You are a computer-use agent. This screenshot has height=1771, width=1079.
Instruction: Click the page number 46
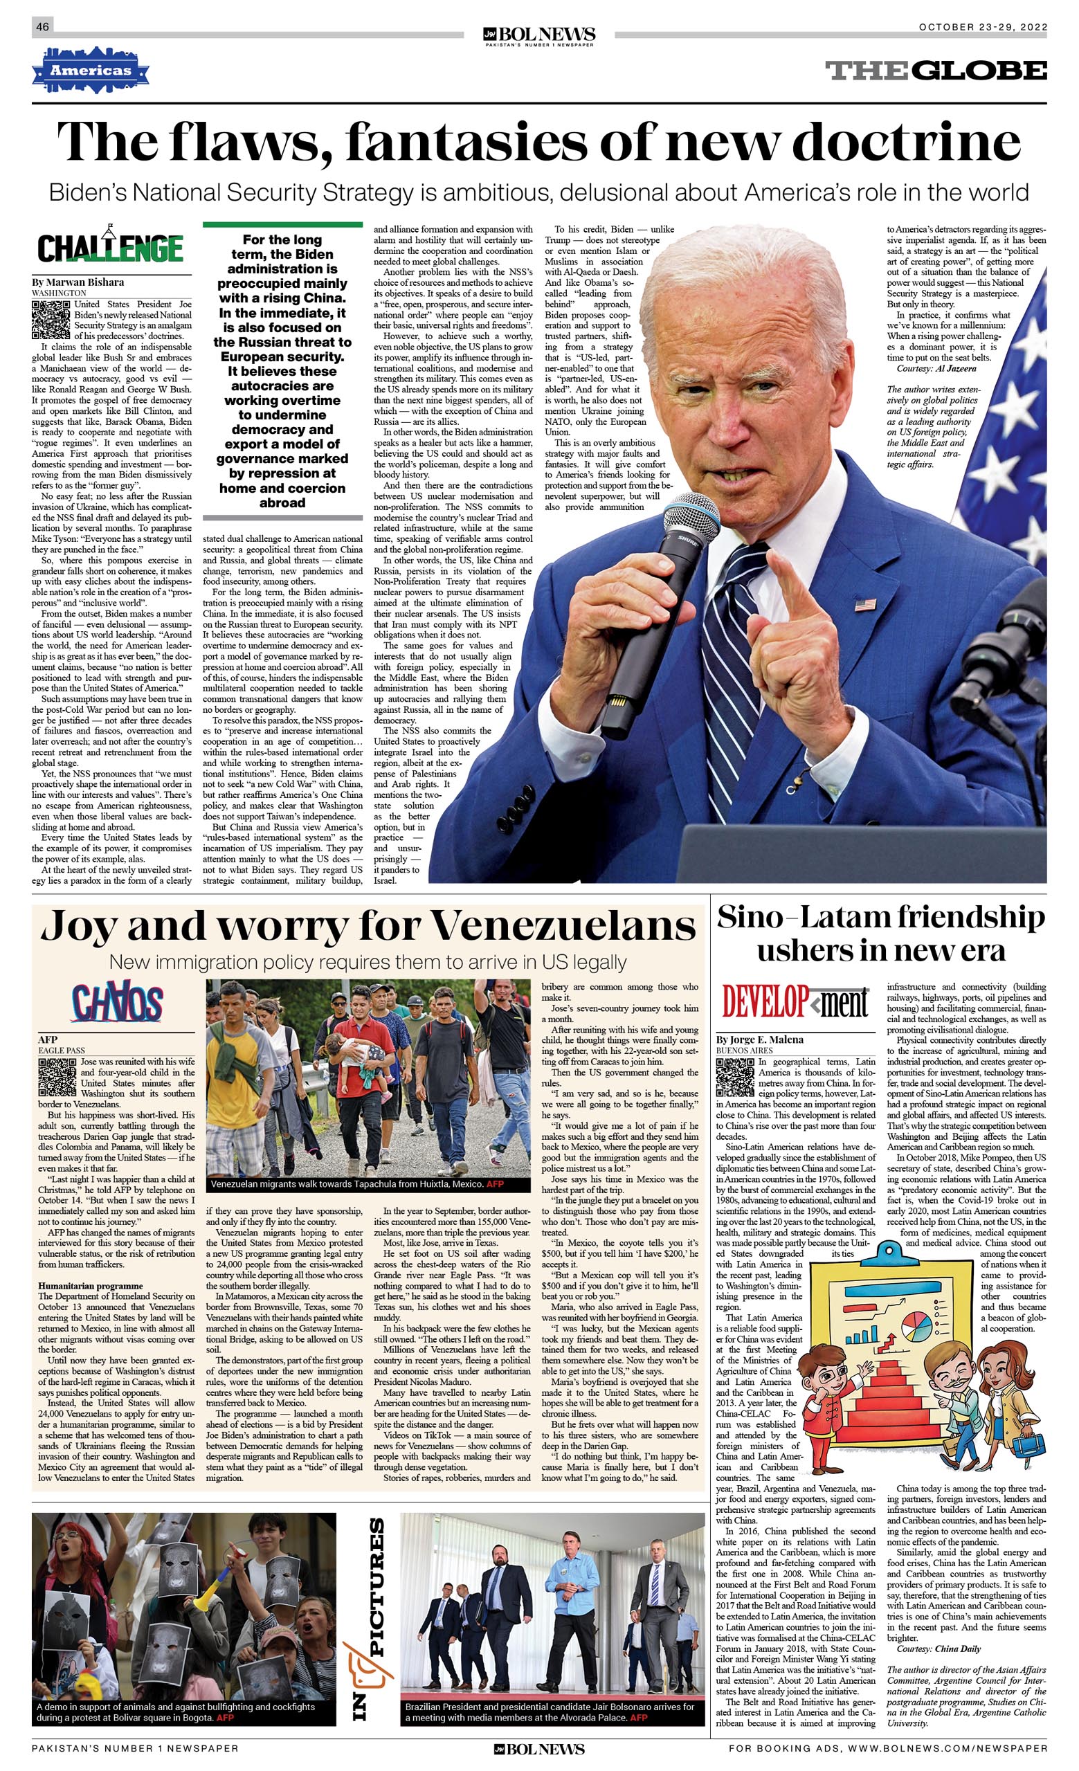tap(42, 26)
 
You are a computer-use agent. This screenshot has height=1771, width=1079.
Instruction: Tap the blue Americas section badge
tap(91, 71)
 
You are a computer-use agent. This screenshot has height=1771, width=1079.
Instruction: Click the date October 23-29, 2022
tap(982, 27)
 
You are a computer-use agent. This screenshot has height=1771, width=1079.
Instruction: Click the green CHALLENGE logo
tap(111, 248)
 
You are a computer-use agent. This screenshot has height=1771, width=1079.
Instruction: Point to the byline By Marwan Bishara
tap(78, 282)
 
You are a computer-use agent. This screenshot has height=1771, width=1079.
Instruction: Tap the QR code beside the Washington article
tap(51, 319)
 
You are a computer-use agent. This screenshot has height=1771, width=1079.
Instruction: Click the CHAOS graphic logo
tap(116, 1003)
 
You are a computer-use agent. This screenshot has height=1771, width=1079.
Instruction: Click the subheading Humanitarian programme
tap(90, 1286)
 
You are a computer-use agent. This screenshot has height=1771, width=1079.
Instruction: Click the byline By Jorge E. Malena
tap(760, 1039)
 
